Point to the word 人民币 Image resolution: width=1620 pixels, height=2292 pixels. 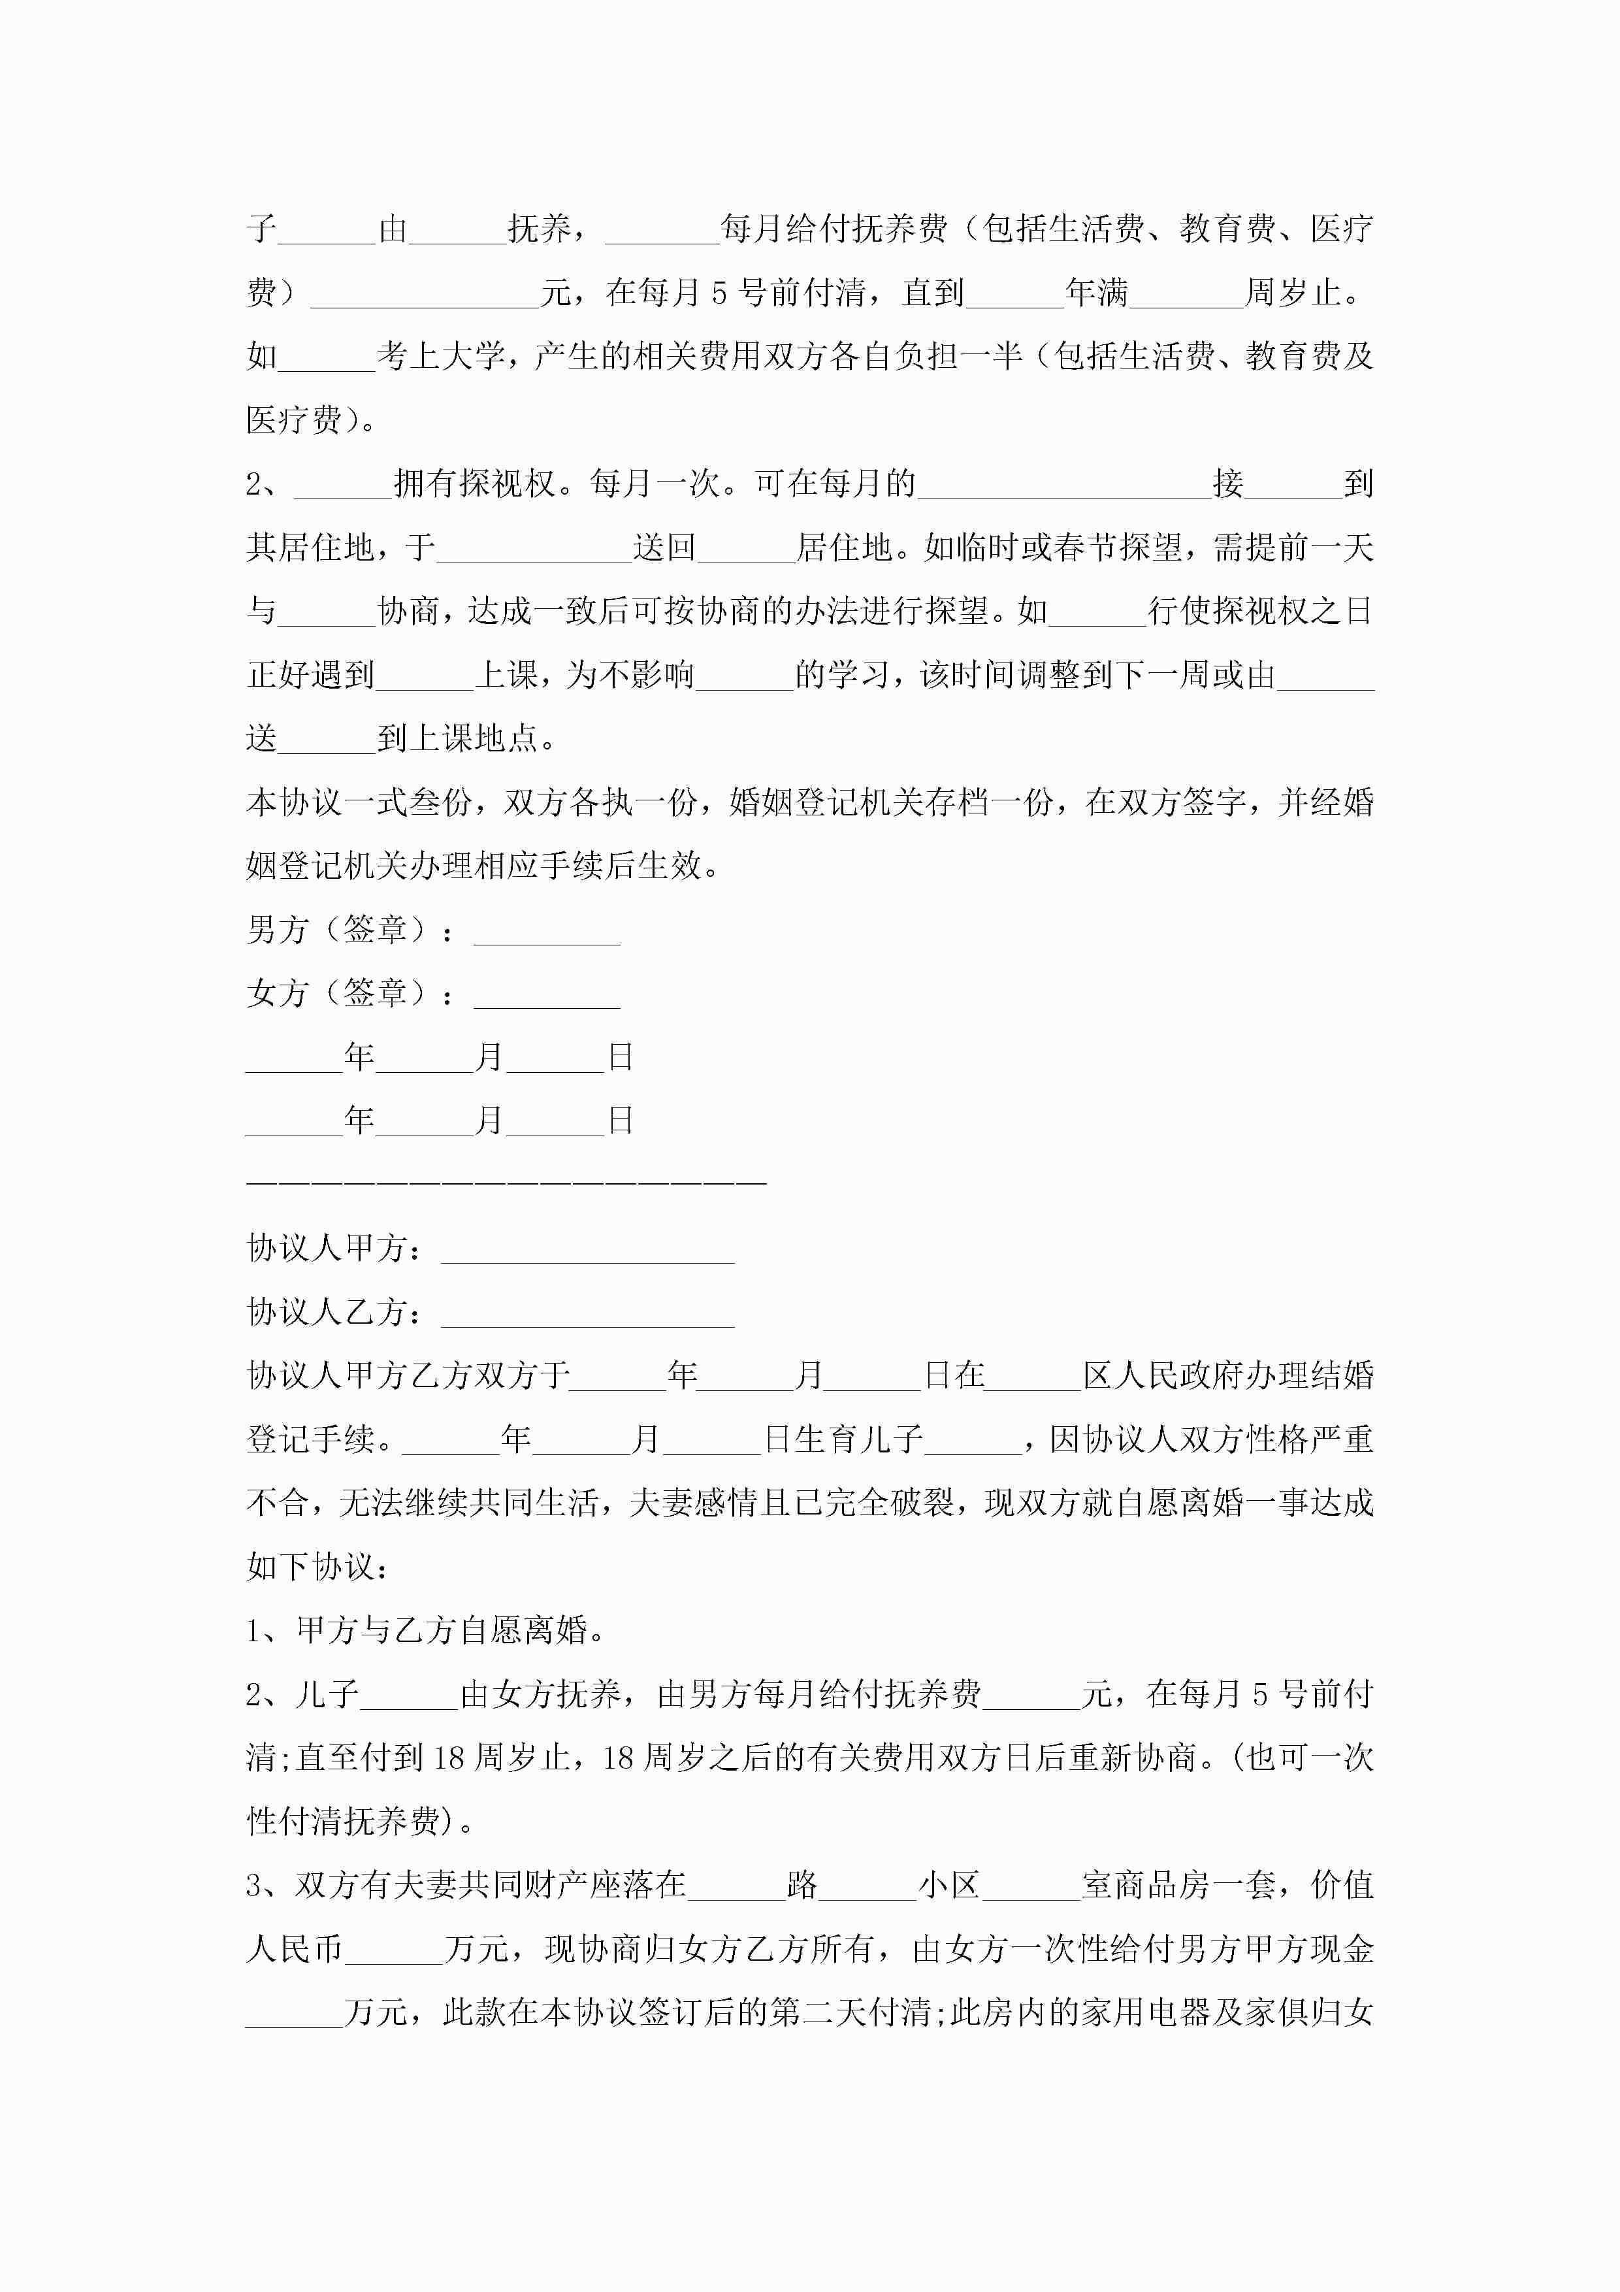click(x=295, y=1950)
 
